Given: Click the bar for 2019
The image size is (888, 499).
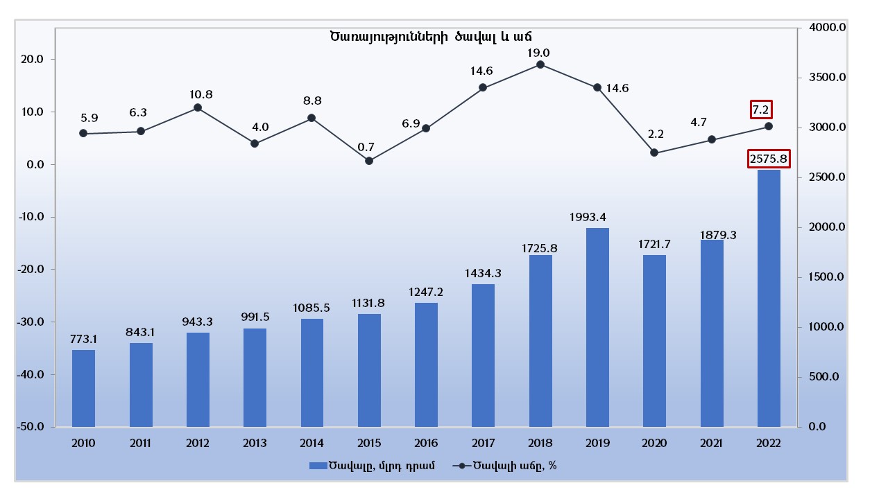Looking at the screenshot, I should [597, 327].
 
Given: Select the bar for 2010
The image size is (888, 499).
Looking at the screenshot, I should [83, 388].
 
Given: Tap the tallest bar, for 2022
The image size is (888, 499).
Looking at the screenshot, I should [769, 298].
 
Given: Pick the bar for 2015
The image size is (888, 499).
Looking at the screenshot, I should [369, 370].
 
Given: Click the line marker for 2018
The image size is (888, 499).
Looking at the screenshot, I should [540, 64].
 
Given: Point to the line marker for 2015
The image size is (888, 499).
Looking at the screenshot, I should [369, 161].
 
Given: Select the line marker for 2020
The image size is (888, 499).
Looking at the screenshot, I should [654, 152].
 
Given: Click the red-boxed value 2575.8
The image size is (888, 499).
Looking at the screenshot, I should [769, 159].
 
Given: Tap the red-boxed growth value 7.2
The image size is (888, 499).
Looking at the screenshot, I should [761, 110].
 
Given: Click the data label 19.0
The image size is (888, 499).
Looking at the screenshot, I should [538, 53].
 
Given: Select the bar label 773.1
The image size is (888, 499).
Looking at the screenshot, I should [83, 340].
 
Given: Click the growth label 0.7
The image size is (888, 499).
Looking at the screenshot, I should [366, 147].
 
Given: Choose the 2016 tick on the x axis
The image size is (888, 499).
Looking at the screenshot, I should [426, 443].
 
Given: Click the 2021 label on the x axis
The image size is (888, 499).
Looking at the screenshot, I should [712, 443].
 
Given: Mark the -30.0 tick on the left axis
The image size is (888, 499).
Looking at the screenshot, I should [31, 322].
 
